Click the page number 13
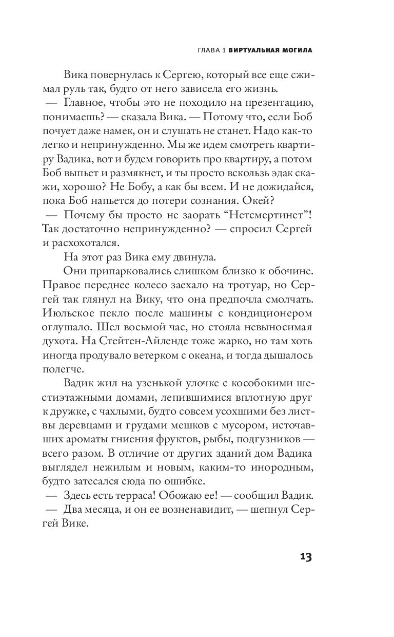304,557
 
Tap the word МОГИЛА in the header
295,51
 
